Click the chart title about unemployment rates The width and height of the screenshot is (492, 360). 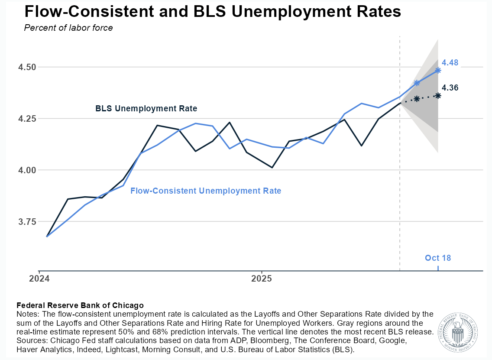click(x=213, y=12)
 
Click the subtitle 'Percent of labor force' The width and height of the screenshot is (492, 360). click(x=68, y=28)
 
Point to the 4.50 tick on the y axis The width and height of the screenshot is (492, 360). click(x=27, y=67)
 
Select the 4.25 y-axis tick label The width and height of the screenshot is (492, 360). click(x=27, y=119)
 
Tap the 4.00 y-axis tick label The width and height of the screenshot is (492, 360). click(x=27, y=170)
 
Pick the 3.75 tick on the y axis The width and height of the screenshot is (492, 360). click(x=27, y=222)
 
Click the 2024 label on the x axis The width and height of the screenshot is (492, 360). click(x=39, y=278)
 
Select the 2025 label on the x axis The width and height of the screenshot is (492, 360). click(x=262, y=278)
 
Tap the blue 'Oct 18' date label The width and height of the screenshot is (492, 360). click(x=438, y=258)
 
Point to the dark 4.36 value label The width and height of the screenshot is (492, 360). click(x=450, y=88)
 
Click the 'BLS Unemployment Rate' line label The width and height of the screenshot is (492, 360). click(x=146, y=109)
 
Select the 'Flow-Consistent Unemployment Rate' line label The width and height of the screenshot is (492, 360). click(x=206, y=191)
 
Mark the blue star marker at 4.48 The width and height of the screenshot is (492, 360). click(x=438, y=70)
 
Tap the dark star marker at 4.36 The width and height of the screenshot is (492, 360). click(x=438, y=95)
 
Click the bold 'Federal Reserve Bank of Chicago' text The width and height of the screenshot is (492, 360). click(x=80, y=305)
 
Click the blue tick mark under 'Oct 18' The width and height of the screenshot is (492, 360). click(x=438, y=268)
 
